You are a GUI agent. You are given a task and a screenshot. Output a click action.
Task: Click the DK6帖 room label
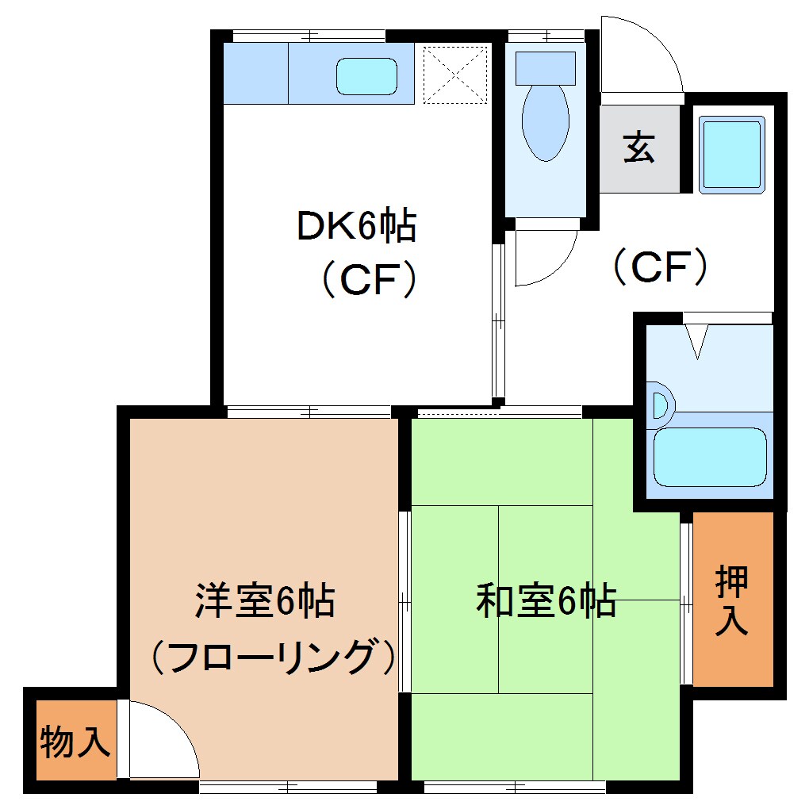[356, 227]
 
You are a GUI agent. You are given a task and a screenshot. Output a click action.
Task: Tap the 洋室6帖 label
[265, 602]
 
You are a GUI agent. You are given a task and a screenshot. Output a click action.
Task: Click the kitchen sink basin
[366, 76]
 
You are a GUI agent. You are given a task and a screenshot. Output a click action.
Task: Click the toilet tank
[546, 68]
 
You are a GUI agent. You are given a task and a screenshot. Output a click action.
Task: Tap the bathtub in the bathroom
[709, 458]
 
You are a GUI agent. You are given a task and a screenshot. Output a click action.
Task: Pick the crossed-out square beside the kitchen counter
[454, 75]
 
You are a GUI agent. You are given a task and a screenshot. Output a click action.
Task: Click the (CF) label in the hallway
[660, 267]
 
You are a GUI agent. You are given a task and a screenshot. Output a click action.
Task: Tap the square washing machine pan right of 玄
[730, 154]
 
